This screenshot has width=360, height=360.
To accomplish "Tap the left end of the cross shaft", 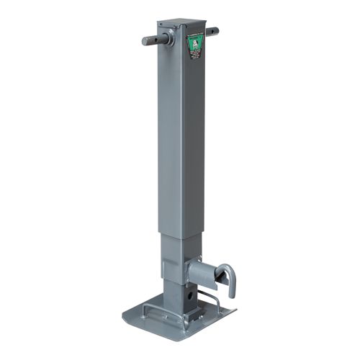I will pos(144,40).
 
